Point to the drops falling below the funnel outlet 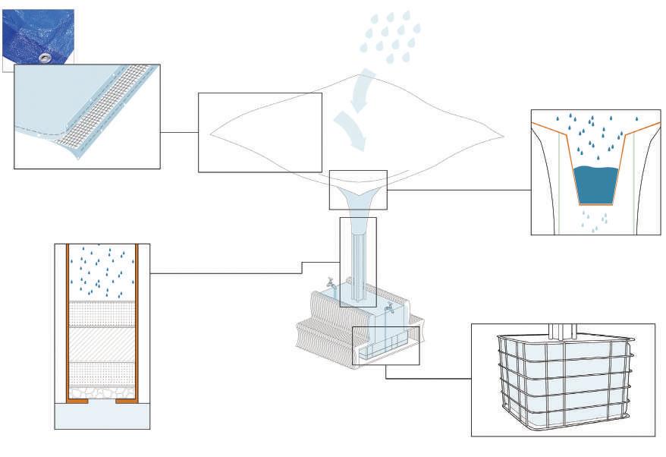click(x=594, y=219)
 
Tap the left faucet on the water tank click(x=330, y=282)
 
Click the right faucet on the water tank click(x=389, y=308)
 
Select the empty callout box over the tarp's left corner click(x=259, y=132)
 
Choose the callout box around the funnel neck click(x=358, y=190)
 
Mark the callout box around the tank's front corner click(x=386, y=345)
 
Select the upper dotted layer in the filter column click(x=102, y=314)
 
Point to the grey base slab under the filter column click(x=102, y=416)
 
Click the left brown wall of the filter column click(x=68, y=319)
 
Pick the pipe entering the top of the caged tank click(x=563, y=331)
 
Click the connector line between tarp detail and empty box click(x=179, y=132)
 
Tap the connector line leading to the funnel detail click(x=459, y=190)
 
